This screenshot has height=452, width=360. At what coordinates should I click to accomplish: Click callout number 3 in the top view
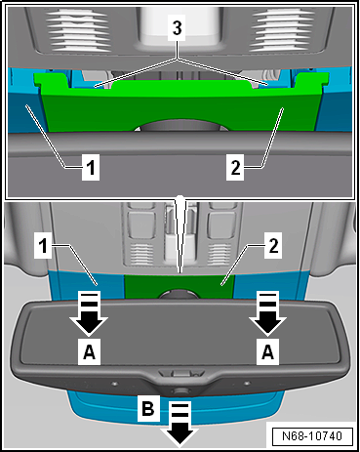click(x=177, y=28)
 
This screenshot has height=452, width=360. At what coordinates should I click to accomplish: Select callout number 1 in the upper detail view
click(x=91, y=168)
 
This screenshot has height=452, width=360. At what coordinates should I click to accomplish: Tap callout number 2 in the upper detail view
click(x=235, y=168)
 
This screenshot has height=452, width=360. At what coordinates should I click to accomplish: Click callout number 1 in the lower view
click(x=43, y=246)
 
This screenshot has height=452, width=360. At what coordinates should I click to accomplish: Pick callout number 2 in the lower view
click(x=273, y=246)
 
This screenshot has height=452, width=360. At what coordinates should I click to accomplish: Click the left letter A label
click(x=90, y=351)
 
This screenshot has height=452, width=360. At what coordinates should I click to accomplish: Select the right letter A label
click(x=267, y=351)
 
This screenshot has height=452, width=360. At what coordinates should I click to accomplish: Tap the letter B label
click(x=148, y=408)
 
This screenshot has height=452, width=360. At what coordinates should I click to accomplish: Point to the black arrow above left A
click(x=89, y=313)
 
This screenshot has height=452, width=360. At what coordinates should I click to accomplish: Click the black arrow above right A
click(x=267, y=313)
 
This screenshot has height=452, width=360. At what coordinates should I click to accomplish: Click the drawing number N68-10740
click(x=312, y=435)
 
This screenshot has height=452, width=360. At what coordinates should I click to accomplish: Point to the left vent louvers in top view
click(x=77, y=30)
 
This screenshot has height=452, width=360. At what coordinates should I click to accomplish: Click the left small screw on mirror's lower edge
click(x=114, y=384)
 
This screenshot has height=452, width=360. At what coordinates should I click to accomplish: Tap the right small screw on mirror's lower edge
click(x=247, y=384)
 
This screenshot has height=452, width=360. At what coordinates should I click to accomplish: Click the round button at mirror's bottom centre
click(x=179, y=390)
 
